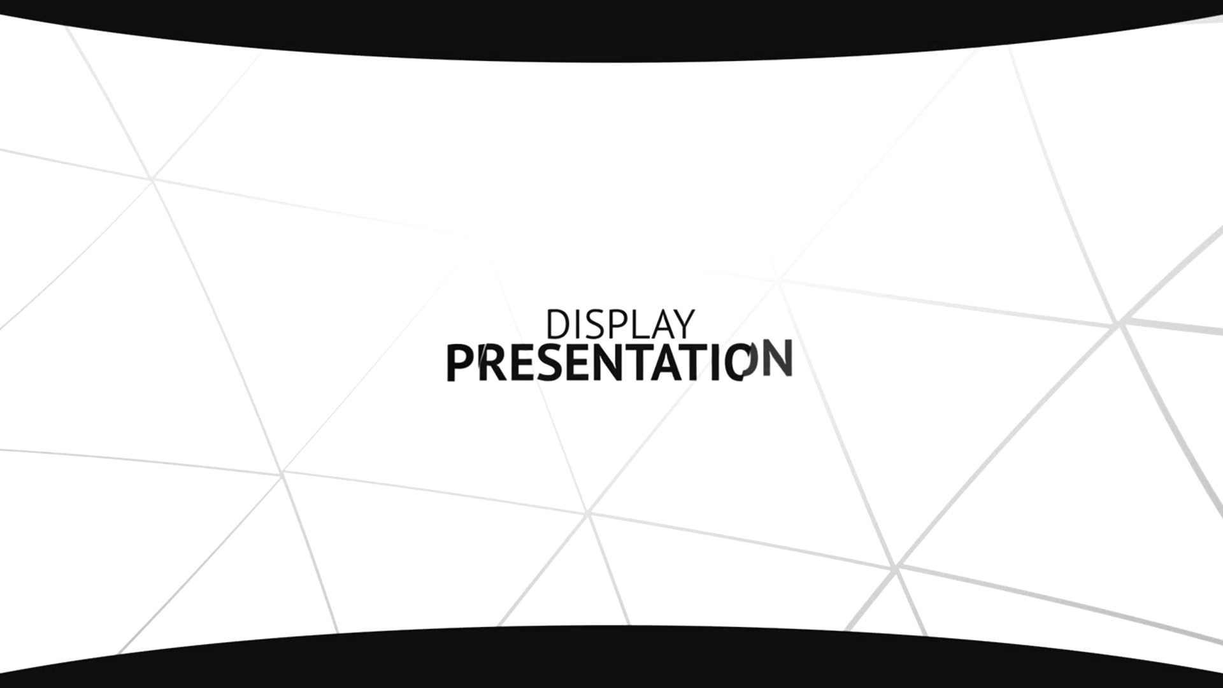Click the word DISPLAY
click(620, 325)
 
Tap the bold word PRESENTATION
click(619, 362)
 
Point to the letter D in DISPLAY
click(557, 325)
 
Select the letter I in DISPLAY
click(577, 325)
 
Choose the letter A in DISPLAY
click(664, 325)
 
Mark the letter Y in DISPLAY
click(684, 325)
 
